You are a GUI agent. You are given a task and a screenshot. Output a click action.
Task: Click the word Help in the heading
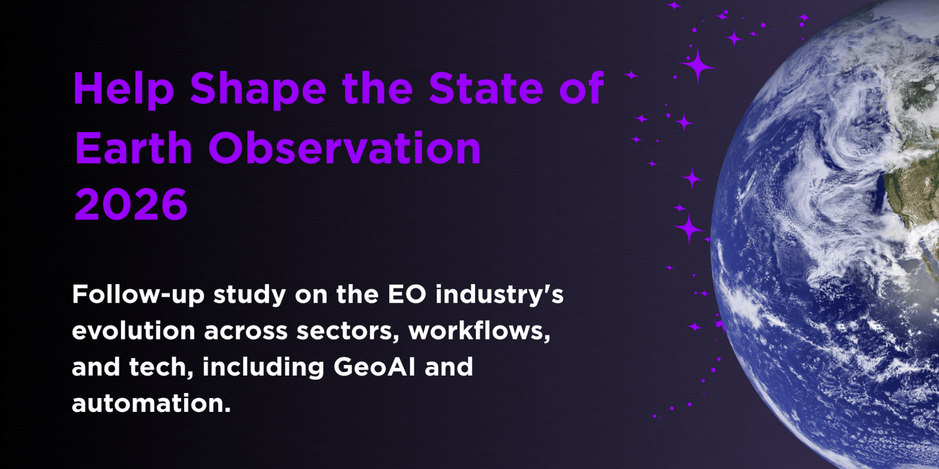click(124, 89)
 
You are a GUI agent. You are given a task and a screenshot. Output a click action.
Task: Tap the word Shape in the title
click(258, 89)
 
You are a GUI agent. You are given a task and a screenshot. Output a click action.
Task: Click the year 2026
click(131, 204)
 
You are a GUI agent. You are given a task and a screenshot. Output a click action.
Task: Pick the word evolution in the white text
click(134, 331)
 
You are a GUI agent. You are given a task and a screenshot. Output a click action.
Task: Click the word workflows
click(479, 330)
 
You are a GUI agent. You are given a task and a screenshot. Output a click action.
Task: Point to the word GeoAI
click(374, 367)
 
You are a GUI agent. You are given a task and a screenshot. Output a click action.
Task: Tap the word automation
click(151, 403)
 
